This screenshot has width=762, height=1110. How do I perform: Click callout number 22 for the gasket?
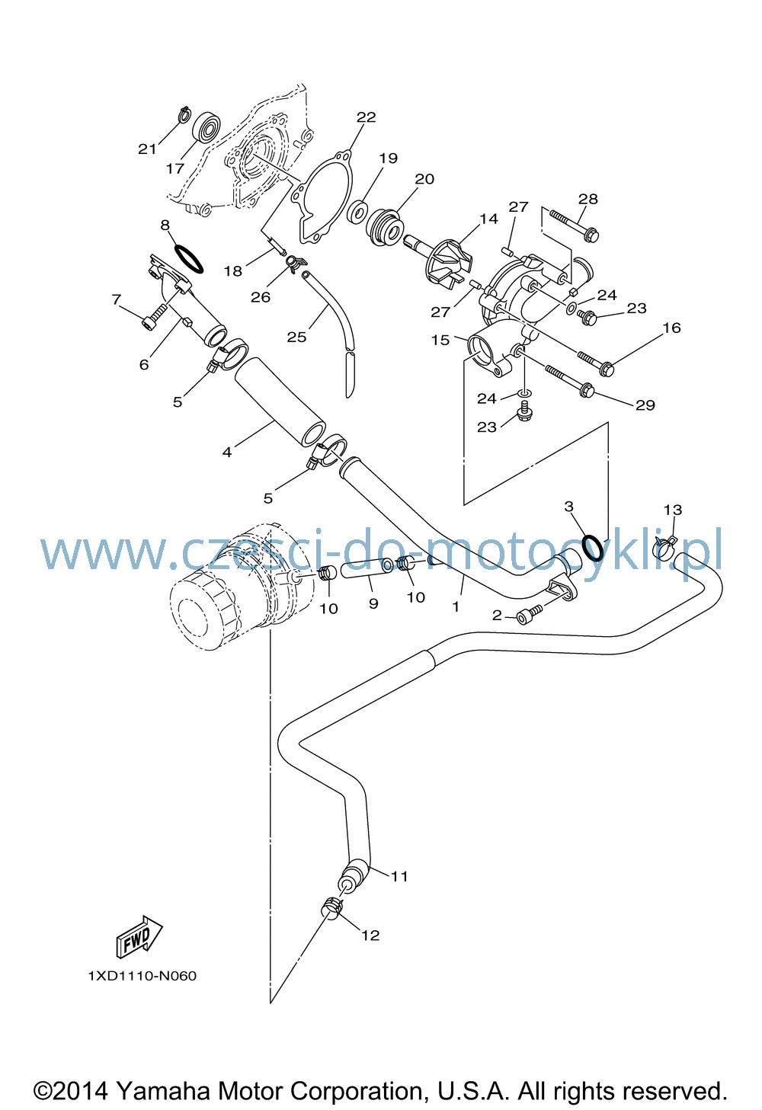[x=367, y=117]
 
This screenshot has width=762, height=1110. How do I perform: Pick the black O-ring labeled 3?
[x=593, y=548]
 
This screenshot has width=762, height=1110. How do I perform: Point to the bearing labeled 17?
[x=207, y=127]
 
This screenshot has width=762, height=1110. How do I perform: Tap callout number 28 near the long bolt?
[x=588, y=199]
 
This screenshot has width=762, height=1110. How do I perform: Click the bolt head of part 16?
[x=607, y=369]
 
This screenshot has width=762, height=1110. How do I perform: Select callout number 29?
[x=645, y=405]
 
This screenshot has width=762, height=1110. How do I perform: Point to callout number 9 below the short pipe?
[x=373, y=603]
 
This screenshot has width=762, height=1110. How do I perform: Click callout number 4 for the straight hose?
[x=227, y=452]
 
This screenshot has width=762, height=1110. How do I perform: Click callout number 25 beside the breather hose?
[x=296, y=337]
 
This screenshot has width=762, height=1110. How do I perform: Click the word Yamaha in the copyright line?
[x=162, y=1091]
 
